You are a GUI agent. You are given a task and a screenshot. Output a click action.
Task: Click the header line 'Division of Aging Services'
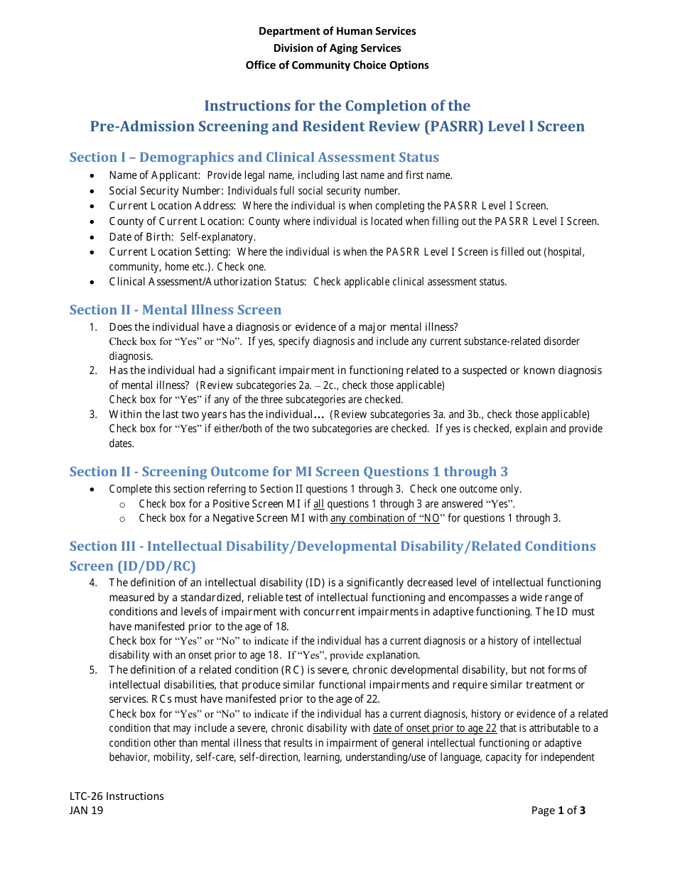pyautogui.click(x=337, y=48)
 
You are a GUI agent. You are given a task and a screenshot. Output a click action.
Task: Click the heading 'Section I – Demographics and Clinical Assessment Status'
pyautogui.click(x=254, y=158)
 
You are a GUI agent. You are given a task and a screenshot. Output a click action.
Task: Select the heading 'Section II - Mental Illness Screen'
pyautogui.click(x=175, y=310)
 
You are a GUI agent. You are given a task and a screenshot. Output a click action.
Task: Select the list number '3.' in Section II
pyautogui.click(x=93, y=414)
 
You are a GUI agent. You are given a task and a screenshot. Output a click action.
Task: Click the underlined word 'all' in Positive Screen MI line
pyautogui.click(x=319, y=504)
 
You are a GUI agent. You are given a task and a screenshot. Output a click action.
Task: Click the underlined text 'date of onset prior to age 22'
pyautogui.click(x=435, y=728)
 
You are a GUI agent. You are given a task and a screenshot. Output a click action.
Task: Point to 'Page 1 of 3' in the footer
pyautogui.click(x=558, y=811)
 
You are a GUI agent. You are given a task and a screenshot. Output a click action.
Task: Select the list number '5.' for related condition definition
pyautogui.click(x=93, y=670)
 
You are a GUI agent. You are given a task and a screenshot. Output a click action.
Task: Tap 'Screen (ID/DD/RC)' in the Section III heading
pyautogui.click(x=132, y=566)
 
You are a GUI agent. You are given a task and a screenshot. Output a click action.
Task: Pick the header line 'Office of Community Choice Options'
pyautogui.click(x=337, y=65)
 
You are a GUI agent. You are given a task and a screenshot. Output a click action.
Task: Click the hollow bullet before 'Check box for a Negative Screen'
pyautogui.click(x=122, y=519)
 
